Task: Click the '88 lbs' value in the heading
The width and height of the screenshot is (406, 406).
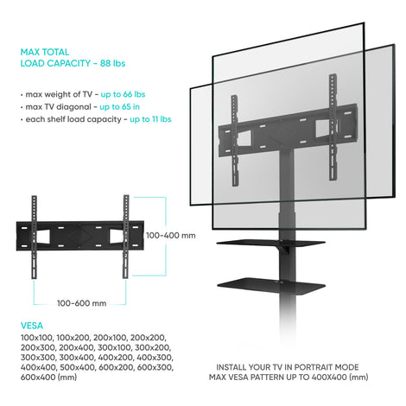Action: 112,63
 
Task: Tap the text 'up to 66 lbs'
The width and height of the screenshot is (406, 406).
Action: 123,94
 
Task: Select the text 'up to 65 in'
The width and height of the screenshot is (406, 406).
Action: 119,107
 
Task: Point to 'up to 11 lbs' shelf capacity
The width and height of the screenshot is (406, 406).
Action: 150,119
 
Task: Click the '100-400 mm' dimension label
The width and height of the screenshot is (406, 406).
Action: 171,236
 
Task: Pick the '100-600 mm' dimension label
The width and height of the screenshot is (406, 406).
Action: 81,303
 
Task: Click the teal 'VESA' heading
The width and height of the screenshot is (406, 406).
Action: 32,326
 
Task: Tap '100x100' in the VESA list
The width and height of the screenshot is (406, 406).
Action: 36,338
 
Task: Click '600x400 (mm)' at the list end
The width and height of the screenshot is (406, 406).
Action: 48,377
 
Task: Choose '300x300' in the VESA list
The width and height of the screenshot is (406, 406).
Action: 38,358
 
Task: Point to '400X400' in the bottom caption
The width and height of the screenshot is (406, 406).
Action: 329,377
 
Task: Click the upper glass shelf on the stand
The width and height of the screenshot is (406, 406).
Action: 271,243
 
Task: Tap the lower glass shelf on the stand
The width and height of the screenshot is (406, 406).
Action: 271,287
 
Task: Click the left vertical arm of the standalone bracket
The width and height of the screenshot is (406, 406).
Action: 34,237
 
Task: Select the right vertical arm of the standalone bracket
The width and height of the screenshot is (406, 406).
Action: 126,237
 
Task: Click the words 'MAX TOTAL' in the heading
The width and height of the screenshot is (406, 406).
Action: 45,52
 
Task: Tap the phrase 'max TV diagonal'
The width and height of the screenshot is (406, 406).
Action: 59,107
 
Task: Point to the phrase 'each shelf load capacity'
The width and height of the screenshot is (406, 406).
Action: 73,119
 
